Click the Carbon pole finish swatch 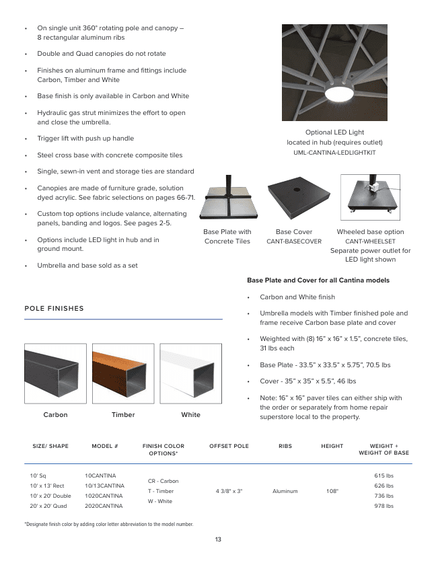point(55,373)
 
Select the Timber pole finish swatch point(123,373)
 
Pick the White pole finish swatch point(190,373)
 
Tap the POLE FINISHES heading point(54,309)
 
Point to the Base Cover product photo point(294,198)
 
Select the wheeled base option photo point(370,198)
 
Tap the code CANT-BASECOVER point(294,241)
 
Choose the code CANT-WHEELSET point(370,241)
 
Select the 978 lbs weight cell point(384,506)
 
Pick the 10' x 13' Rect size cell point(47,486)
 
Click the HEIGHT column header point(332,446)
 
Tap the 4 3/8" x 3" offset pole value point(229,491)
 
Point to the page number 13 point(218,539)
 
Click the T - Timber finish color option point(160,491)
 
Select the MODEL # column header point(105,446)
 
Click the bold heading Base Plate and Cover point(318,280)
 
